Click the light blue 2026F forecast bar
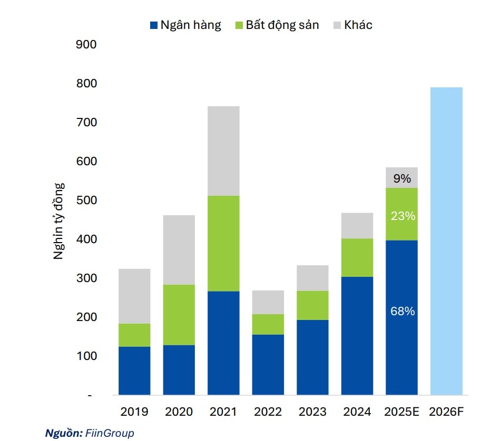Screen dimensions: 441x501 [x=446, y=241]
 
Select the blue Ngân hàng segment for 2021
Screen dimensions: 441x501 [x=223, y=343]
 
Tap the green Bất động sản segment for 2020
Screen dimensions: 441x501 [x=179, y=315]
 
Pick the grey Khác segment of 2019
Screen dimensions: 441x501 [x=134, y=296]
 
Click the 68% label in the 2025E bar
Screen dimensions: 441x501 [x=402, y=312]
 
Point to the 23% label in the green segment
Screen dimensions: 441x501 [x=402, y=216]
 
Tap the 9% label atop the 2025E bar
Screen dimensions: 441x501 [x=402, y=178]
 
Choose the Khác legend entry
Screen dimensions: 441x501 [x=353, y=25]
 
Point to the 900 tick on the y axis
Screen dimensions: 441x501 [x=87, y=44]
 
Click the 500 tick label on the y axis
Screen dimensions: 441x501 [x=87, y=201]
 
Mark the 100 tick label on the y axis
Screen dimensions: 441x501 [x=87, y=356]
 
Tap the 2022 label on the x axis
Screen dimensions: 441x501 [x=268, y=412]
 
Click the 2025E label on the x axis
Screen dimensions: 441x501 [x=402, y=412]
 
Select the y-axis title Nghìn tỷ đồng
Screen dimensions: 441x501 [x=59, y=221]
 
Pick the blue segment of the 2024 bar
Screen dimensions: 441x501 [x=357, y=336]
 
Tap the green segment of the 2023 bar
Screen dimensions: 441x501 [x=312, y=305]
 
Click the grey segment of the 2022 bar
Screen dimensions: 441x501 [x=268, y=302]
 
